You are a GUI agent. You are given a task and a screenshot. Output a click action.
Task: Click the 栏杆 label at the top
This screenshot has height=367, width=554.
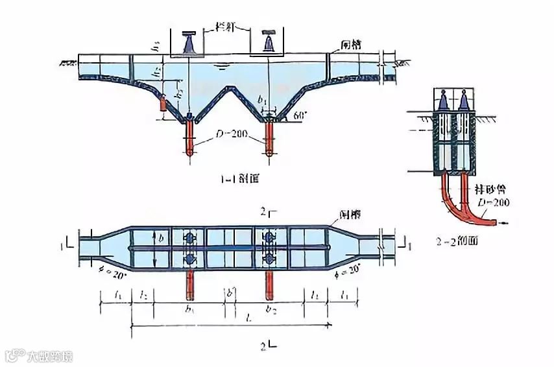tap(226, 29)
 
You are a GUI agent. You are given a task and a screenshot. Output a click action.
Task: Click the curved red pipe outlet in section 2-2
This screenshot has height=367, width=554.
tap(497, 222)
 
